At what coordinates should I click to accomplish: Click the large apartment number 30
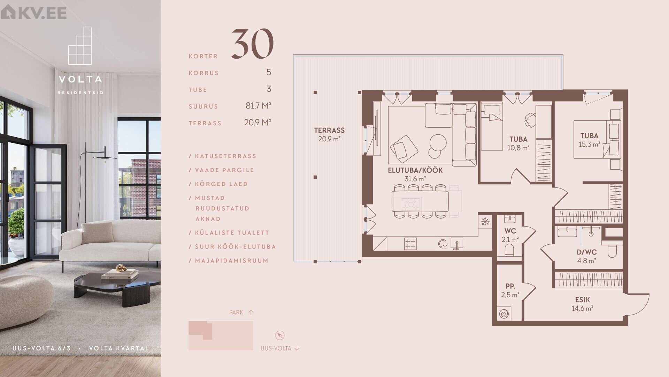tap(253, 44)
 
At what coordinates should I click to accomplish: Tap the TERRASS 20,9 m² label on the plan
tap(329, 134)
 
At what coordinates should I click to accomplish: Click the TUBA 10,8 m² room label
tap(518, 143)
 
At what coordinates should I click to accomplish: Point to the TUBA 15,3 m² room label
tap(590, 140)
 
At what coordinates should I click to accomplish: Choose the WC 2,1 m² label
tap(510, 235)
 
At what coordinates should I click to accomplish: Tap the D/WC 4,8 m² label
tap(587, 256)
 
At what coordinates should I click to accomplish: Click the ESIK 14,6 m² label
tap(583, 304)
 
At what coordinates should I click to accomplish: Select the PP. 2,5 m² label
tap(510, 290)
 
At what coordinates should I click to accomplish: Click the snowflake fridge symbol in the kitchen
tap(485, 222)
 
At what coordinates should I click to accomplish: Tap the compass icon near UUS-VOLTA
tap(279, 335)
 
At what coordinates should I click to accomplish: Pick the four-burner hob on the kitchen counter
tap(410, 244)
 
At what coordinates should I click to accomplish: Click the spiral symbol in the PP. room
tap(504, 313)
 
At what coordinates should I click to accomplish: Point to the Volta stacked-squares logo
tap(80, 46)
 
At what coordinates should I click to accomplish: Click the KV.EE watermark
tap(33, 13)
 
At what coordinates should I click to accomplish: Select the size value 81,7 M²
tap(258, 105)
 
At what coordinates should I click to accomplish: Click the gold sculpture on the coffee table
tap(121, 268)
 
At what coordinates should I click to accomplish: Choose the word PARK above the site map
tap(236, 312)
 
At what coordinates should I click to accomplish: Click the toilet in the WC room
tap(509, 250)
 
